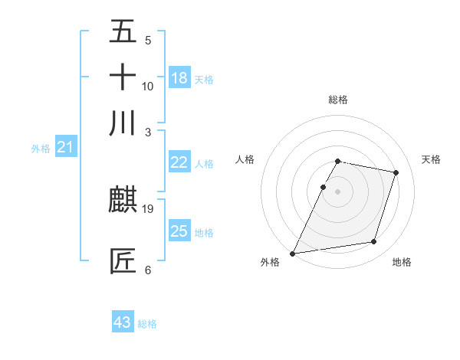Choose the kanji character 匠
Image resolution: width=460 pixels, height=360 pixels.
(x=123, y=260)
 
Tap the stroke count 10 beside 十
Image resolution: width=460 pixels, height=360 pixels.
(x=148, y=86)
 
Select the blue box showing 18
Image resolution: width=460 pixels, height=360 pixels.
(x=179, y=77)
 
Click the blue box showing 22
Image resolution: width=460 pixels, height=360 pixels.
(x=179, y=162)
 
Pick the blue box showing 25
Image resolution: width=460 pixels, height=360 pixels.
(x=179, y=231)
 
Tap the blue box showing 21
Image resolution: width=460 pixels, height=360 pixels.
(x=65, y=148)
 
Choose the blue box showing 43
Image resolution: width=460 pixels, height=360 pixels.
(x=123, y=322)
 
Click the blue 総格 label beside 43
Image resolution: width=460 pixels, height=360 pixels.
(x=147, y=324)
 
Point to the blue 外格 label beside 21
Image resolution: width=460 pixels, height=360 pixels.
(x=41, y=149)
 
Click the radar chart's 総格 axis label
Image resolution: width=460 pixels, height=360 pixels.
(x=338, y=100)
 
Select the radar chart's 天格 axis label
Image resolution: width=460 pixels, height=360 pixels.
(x=431, y=159)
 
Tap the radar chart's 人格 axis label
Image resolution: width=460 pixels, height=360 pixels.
(x=245, y=159)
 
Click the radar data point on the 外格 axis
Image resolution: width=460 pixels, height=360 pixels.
(x=293, y=254)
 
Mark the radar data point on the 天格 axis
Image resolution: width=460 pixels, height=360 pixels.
(x=396, y=172)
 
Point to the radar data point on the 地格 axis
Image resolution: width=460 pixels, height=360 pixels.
(x=374, y=242)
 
